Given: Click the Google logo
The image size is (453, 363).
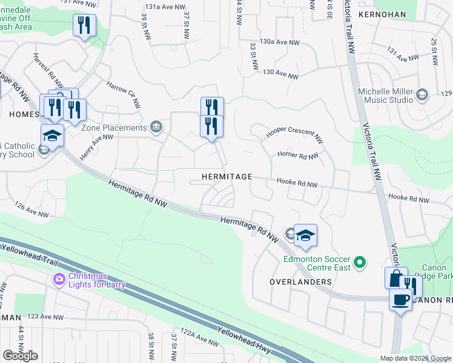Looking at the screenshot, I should [x=20, y=356].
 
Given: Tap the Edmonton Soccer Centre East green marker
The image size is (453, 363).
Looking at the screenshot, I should [x=360, y=262].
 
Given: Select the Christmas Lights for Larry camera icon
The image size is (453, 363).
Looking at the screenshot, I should [x=59, y=279].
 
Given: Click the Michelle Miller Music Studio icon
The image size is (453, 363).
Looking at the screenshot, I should [x=422, y=94].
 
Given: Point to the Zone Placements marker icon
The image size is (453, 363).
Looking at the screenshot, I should [x=156, y=126].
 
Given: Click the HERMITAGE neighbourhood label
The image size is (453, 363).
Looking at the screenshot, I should [x=227, y=176].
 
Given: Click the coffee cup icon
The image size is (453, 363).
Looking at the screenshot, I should [x=400, y=299].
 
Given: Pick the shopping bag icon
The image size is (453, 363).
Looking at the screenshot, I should [x=394, y=278].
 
